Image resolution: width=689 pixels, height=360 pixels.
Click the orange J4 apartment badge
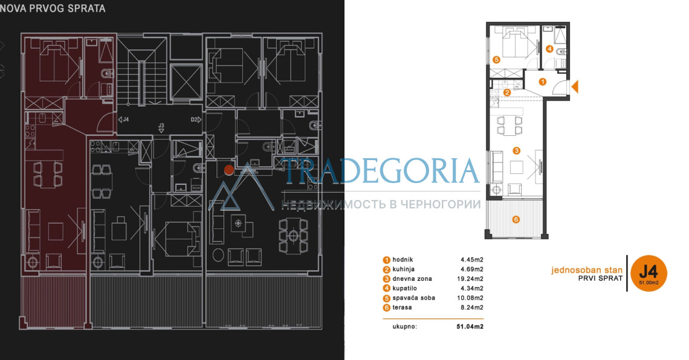coord(649,273)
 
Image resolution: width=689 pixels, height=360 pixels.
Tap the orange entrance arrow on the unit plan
coord(575,86)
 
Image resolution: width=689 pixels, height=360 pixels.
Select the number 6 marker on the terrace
coord(516,219)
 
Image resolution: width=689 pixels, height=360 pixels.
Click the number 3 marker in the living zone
coord(516,150)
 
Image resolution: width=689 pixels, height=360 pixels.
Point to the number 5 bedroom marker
coord(496,59)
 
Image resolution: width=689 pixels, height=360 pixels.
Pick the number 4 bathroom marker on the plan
coord(549,49)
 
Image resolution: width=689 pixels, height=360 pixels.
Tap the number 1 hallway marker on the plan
coord(542,82)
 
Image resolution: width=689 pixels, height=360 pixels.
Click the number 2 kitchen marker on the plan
coord(507,92)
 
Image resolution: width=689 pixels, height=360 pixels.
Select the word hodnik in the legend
coord(403,260)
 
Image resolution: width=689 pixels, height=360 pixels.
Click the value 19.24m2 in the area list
coord(470,279)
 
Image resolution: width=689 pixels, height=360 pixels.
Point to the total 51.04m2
coord(470,327)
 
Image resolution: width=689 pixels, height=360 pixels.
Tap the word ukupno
coord(405,327)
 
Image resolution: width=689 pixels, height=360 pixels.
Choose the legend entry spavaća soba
coord(413,298)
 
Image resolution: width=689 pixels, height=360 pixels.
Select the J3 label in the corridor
coord(161,126)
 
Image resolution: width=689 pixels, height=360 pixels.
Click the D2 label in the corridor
coord(194,120)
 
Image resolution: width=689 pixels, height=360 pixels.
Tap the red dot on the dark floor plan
coord(228,170)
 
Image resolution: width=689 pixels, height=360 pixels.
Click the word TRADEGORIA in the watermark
coord(381,171)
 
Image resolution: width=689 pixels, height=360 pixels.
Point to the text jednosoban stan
coord(587,270)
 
